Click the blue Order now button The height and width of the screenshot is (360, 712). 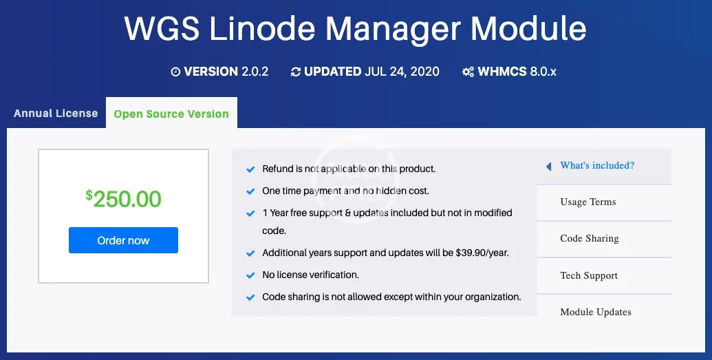pos(123,240)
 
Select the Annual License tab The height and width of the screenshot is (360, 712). pos(56,113)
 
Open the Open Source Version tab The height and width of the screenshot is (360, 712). pos(171,114)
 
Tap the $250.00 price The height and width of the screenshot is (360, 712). pos(124,199)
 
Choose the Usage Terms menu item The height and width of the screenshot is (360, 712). pos(588,202)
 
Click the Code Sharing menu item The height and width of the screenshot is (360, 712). pos(590,238)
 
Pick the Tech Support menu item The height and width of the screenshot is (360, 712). pos(589,275)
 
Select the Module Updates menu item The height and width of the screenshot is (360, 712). pos(596,312)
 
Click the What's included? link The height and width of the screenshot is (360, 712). pos(597,165)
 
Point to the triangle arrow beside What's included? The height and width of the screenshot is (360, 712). pos(548,167)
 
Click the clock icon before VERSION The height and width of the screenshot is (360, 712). pos(175,72)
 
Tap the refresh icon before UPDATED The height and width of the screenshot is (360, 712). pos(296,72)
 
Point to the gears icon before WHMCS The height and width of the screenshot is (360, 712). pos(468,72)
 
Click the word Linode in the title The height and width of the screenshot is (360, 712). pos(262,29)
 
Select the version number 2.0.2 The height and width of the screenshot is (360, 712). pos(255,72)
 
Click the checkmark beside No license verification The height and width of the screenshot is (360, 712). pos(250,275)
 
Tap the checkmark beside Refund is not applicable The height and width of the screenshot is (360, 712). pos(250,169)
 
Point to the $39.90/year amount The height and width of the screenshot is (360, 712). pos(482,253)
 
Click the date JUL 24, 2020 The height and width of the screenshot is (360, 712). pos(402,72)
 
